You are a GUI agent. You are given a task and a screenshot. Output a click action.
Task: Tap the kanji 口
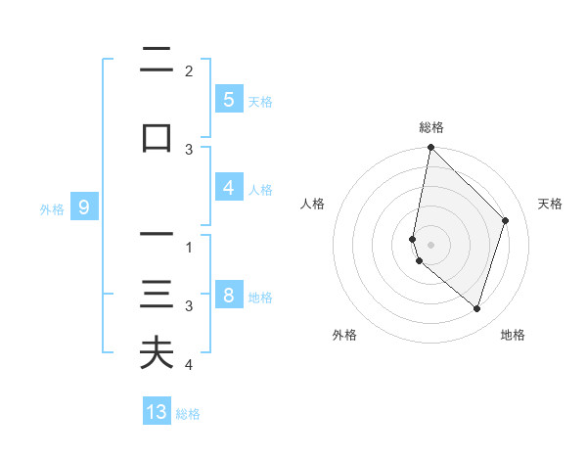[157, 137]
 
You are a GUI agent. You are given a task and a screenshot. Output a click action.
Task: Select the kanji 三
[157, 295]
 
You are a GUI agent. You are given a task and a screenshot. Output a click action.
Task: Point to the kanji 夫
[157, 352]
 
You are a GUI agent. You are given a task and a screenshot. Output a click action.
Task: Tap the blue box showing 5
[228, 99]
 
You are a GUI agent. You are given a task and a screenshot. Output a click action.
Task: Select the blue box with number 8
[228, 296]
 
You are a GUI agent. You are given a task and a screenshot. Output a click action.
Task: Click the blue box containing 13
[157, 412]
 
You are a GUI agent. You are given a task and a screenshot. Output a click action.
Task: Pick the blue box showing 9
[84, 207]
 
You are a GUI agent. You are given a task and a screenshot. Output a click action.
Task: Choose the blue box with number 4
[228, 188]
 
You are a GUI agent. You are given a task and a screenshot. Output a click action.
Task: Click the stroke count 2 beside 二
[189, 71]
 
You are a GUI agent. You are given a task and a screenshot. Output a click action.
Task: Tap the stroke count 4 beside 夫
[189, 365]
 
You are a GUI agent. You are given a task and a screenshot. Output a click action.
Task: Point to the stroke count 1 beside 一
[189, 248]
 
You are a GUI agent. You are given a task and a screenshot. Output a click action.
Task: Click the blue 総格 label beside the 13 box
[188, 414]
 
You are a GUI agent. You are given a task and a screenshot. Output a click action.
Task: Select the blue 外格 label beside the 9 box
[52, 208]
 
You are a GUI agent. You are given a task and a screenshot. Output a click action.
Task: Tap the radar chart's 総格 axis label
[430, 127]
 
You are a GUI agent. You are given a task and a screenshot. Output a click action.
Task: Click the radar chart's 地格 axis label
[513, 335]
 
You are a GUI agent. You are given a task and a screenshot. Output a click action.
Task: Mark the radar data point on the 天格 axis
[505, 220]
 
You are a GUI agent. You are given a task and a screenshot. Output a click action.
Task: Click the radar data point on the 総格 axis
[430, 147]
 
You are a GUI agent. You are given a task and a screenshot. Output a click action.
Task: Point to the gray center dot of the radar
[430, 244]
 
